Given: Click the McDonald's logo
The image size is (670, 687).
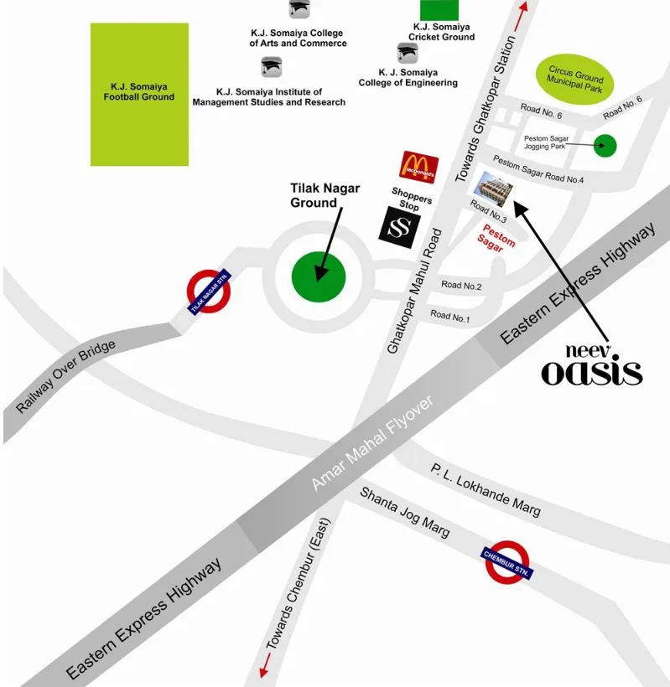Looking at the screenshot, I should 419,167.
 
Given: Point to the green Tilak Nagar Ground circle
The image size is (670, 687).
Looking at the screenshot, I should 319,274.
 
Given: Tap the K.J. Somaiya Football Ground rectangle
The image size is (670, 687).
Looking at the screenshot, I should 139,94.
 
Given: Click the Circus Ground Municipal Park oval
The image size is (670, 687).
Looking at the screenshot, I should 575,78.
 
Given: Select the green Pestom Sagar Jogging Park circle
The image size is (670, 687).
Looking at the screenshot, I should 604,145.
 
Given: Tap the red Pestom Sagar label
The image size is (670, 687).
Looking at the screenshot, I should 497,238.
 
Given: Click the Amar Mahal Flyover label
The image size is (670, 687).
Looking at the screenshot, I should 370,444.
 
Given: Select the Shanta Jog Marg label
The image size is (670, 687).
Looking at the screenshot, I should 404,512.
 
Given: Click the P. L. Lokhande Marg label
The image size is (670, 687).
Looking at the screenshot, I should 486,488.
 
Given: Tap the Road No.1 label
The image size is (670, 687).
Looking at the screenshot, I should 450,316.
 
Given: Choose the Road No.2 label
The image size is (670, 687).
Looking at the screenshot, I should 461,287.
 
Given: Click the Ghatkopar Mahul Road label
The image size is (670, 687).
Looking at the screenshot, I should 414,289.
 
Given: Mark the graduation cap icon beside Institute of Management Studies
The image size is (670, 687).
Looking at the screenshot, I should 270,67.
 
